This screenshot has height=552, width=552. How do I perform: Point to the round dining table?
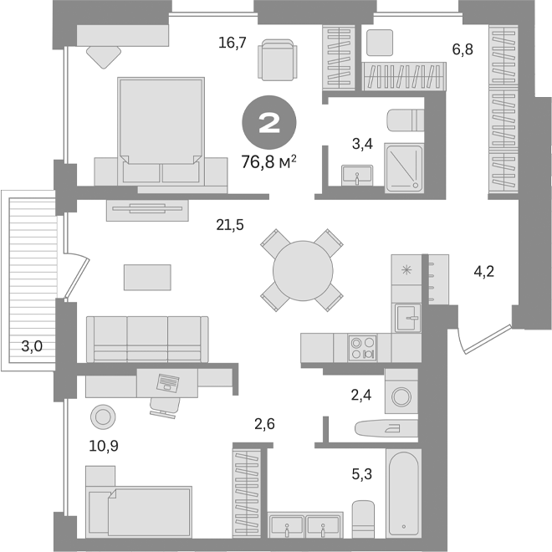click(x=302, y=268)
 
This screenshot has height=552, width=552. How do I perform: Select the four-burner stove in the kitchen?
click(x=363, y=347)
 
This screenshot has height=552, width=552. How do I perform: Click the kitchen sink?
click(x=408, y=315)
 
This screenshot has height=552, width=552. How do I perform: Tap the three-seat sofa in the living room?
click(x=147, y=338)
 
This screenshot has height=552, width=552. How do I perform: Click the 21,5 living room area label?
click(x=229, y=223)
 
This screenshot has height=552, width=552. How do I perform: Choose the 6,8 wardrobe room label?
click(x=463, y=49)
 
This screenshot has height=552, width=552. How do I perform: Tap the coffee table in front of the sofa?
click(x=147, y=276)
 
